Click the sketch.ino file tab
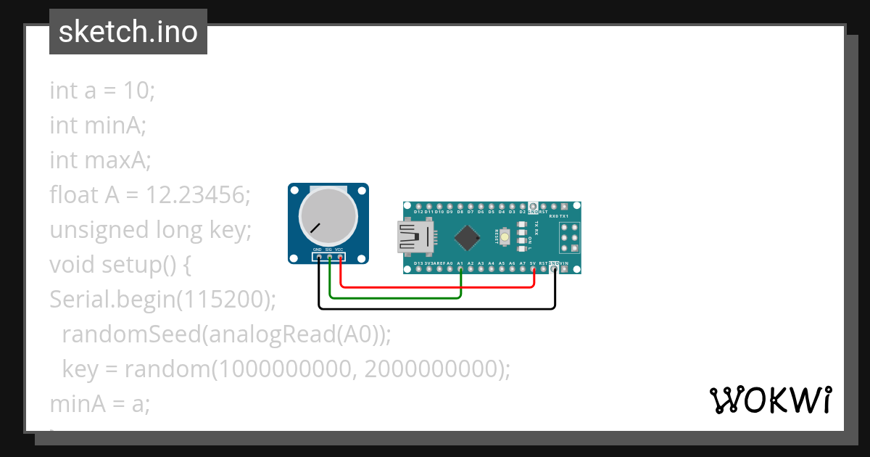[x=128, y=32]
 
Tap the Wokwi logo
[x=770, y=400]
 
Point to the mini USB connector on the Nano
[x=415, y=237]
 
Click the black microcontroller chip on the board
[x=468, y=237]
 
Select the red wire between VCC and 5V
[x=435, y=287]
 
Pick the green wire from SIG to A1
[x=395, y=297]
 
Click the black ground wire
[x=435, y=309]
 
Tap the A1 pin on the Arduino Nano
[x=460, y=269]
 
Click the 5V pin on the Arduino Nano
[x=533, y=269]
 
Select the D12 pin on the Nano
[x=418, y=206]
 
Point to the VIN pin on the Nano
[x=564, y=269]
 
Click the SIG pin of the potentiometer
[x=329, y=257]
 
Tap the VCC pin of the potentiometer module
[x=339, y=257]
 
